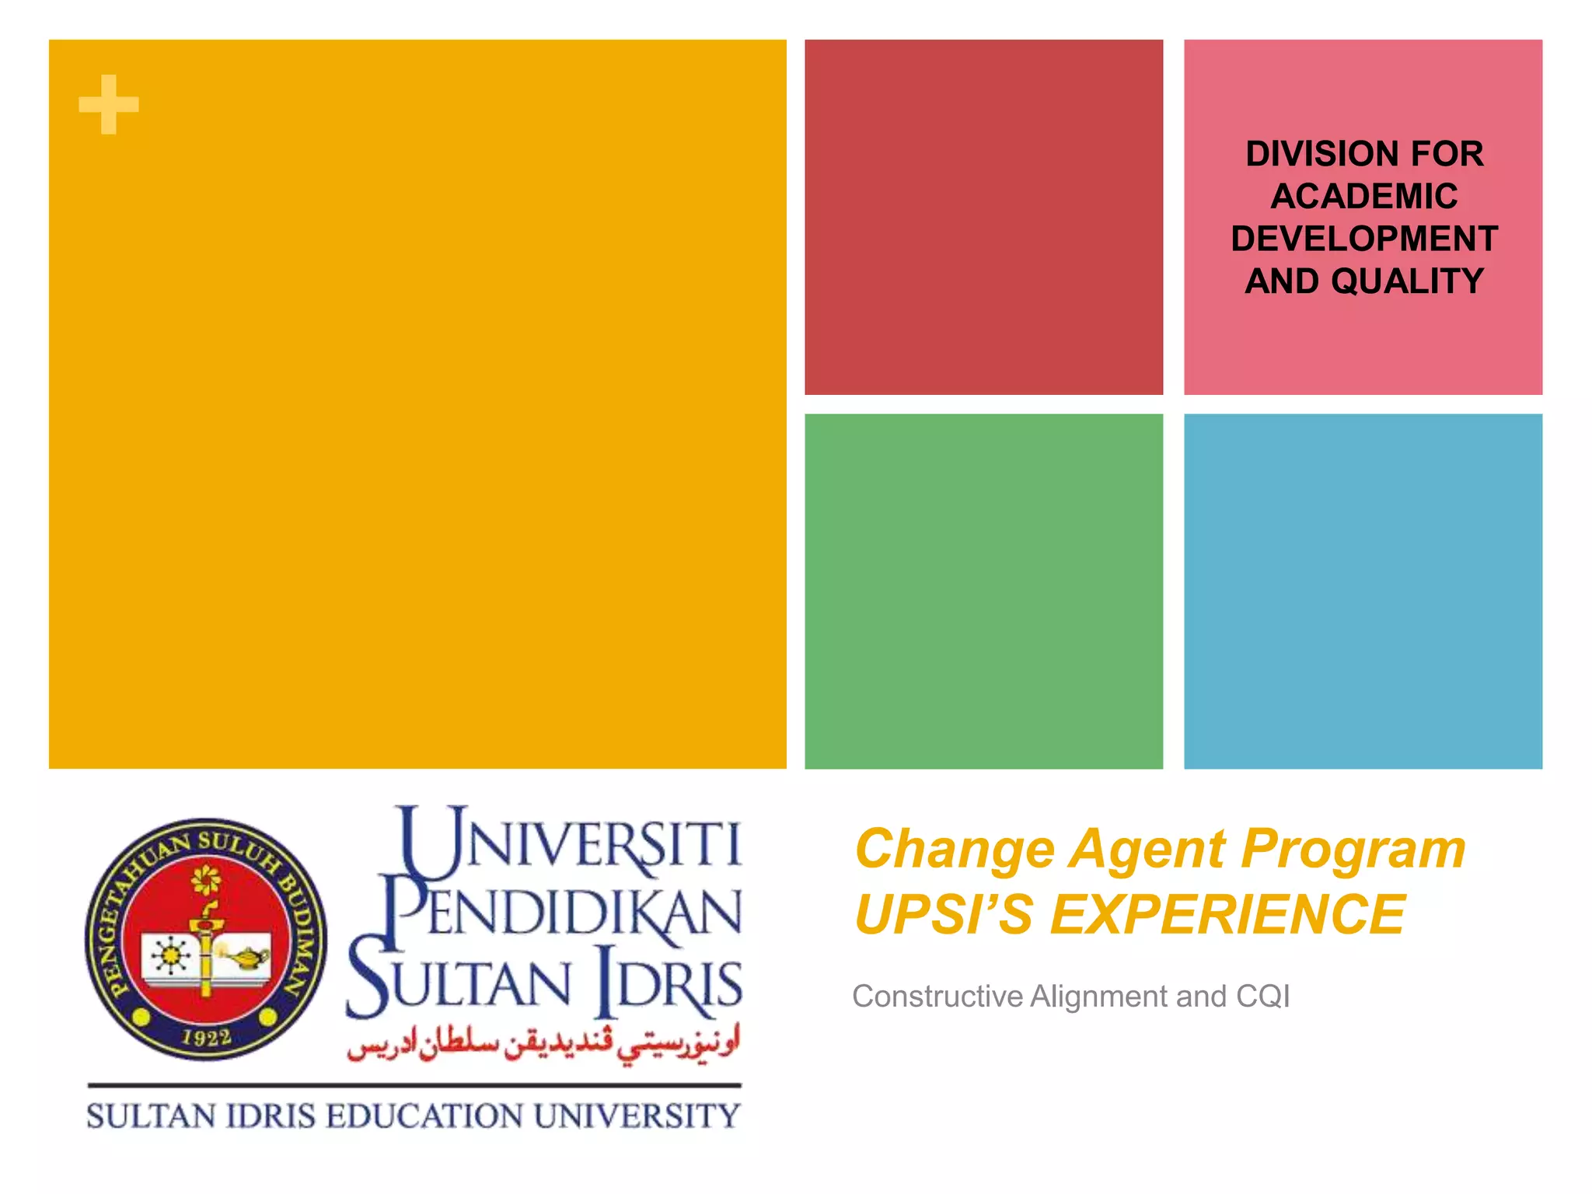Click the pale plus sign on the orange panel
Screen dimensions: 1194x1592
point(109,105)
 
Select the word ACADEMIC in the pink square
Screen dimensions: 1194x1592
point(1364,196)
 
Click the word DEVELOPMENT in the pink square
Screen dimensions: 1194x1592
point(1364,239)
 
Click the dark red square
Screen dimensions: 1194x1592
point(983,217)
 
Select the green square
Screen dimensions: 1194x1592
point(983,591)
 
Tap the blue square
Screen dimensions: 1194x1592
point(1363,591)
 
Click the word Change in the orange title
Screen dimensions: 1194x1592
point(955,849)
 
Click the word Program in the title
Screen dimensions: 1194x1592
point(1353,849)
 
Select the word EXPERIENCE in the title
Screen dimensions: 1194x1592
point(1227,915)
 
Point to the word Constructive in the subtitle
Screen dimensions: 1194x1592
point(937,997)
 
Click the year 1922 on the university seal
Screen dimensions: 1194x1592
point(206,1037)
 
